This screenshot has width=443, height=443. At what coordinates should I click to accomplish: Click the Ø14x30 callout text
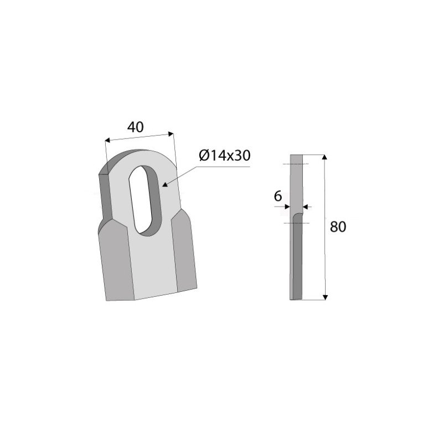(x=224, y=156)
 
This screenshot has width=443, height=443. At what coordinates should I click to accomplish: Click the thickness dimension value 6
(x=278, y=195)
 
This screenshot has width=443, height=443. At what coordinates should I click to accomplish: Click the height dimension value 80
(x=337, y=227)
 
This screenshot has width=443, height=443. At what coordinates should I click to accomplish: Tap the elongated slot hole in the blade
(x=147, y=199)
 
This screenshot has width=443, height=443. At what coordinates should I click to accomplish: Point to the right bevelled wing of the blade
(x=184, y=252)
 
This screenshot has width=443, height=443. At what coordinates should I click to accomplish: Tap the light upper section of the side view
(x=297, y=183)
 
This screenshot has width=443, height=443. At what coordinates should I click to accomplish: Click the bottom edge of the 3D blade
(x=150, y=298)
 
